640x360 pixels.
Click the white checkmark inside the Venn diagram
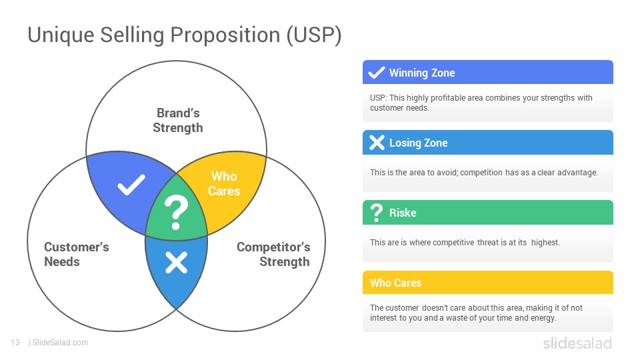tap(131, 185)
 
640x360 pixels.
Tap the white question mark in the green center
tap(176, 212)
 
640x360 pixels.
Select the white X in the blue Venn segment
tap(176, 263)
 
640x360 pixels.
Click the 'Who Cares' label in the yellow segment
tap(224, 184)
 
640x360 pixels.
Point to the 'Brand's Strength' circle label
tap(178, 121)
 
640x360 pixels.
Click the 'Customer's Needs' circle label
tap(76, 254)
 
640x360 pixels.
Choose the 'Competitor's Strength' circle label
tap(273, 254)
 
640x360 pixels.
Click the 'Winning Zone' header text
tap(422, 73)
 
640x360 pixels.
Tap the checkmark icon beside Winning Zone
tap(376, 72)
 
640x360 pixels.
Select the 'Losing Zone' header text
tap(419, 143)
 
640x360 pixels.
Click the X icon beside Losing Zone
tap(377, 143)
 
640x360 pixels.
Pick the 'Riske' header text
tap(403, 213)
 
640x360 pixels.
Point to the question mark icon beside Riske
tap(376, 213)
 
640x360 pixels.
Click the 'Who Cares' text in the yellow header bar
tap(395, 283)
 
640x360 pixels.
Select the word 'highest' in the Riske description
tap(545, 243)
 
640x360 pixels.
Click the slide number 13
tap(15, 343)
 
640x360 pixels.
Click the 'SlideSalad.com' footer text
tap(61, 343)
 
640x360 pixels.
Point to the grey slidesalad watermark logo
tap(577, 343)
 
